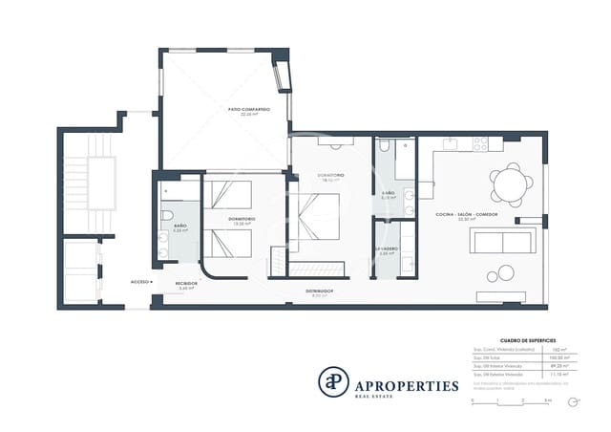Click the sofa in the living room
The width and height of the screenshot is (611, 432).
502,241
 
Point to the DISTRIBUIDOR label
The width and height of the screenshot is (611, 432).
319,291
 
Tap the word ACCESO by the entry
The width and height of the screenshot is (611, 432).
139,283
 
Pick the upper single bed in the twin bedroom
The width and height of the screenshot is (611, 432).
230,197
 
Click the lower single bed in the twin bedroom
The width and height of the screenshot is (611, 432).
230,243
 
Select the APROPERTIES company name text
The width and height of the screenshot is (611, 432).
407,386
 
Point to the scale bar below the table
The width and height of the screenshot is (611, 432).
511,402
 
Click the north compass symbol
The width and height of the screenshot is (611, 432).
573,402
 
